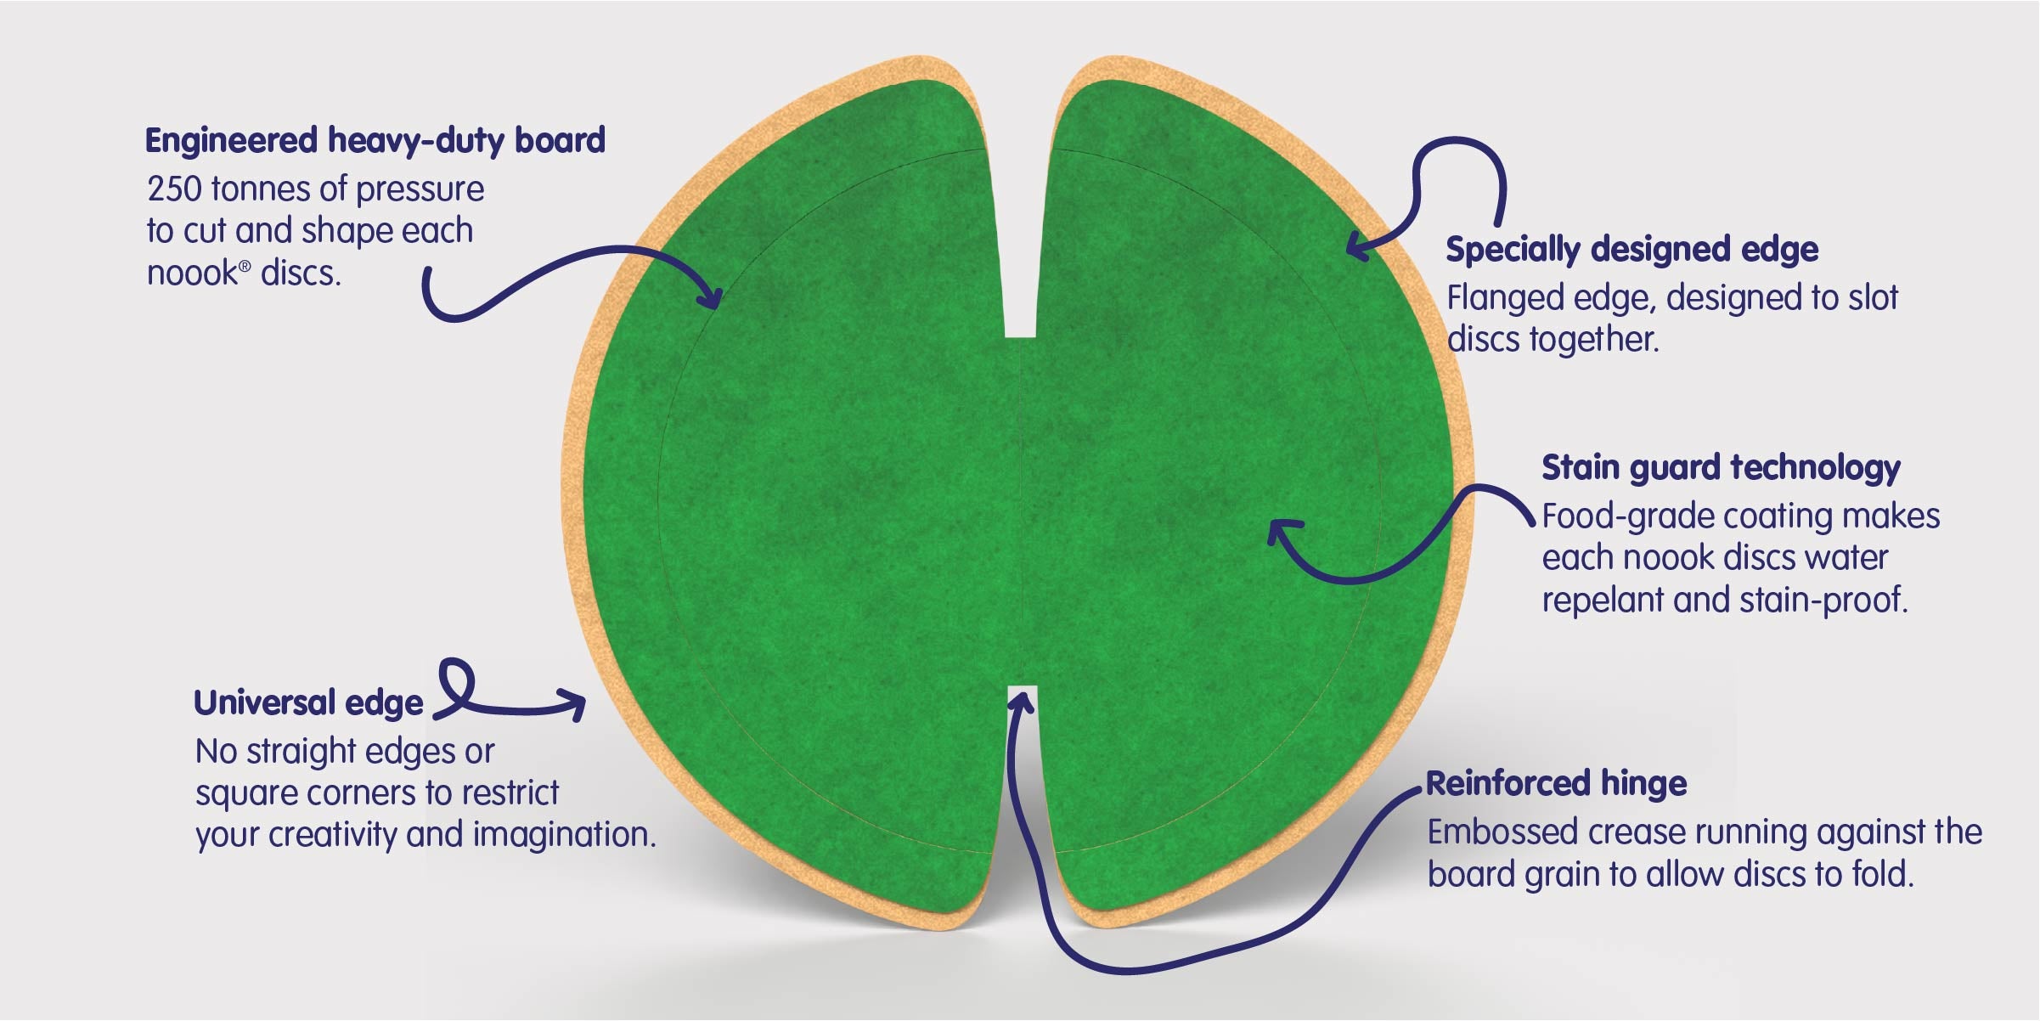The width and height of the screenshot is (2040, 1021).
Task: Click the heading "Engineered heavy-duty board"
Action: [x=375, y=140]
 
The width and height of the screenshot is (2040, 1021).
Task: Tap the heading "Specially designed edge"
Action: [x=1631, y=250]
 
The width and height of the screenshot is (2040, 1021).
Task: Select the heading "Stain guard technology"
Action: [x=1721, y=468]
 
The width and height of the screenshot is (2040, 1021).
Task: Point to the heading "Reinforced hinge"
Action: [x=1556, y=783]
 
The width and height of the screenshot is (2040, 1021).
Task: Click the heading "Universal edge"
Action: [x=308, y=703]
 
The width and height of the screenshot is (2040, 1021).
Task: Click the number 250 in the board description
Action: [x=174, y=189]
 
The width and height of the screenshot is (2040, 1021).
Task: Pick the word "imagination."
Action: [x=564, y=835]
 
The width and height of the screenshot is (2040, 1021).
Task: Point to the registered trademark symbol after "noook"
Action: [x=245, y=266]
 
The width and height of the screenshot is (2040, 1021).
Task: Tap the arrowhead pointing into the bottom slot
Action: [x=1021, y=702]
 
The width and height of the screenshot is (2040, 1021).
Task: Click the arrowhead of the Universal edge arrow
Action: [x=571, y=704]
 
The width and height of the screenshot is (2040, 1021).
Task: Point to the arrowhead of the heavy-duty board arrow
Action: [x=710, y=294]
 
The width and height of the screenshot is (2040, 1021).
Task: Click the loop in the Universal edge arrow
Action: [x=457, y=685]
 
